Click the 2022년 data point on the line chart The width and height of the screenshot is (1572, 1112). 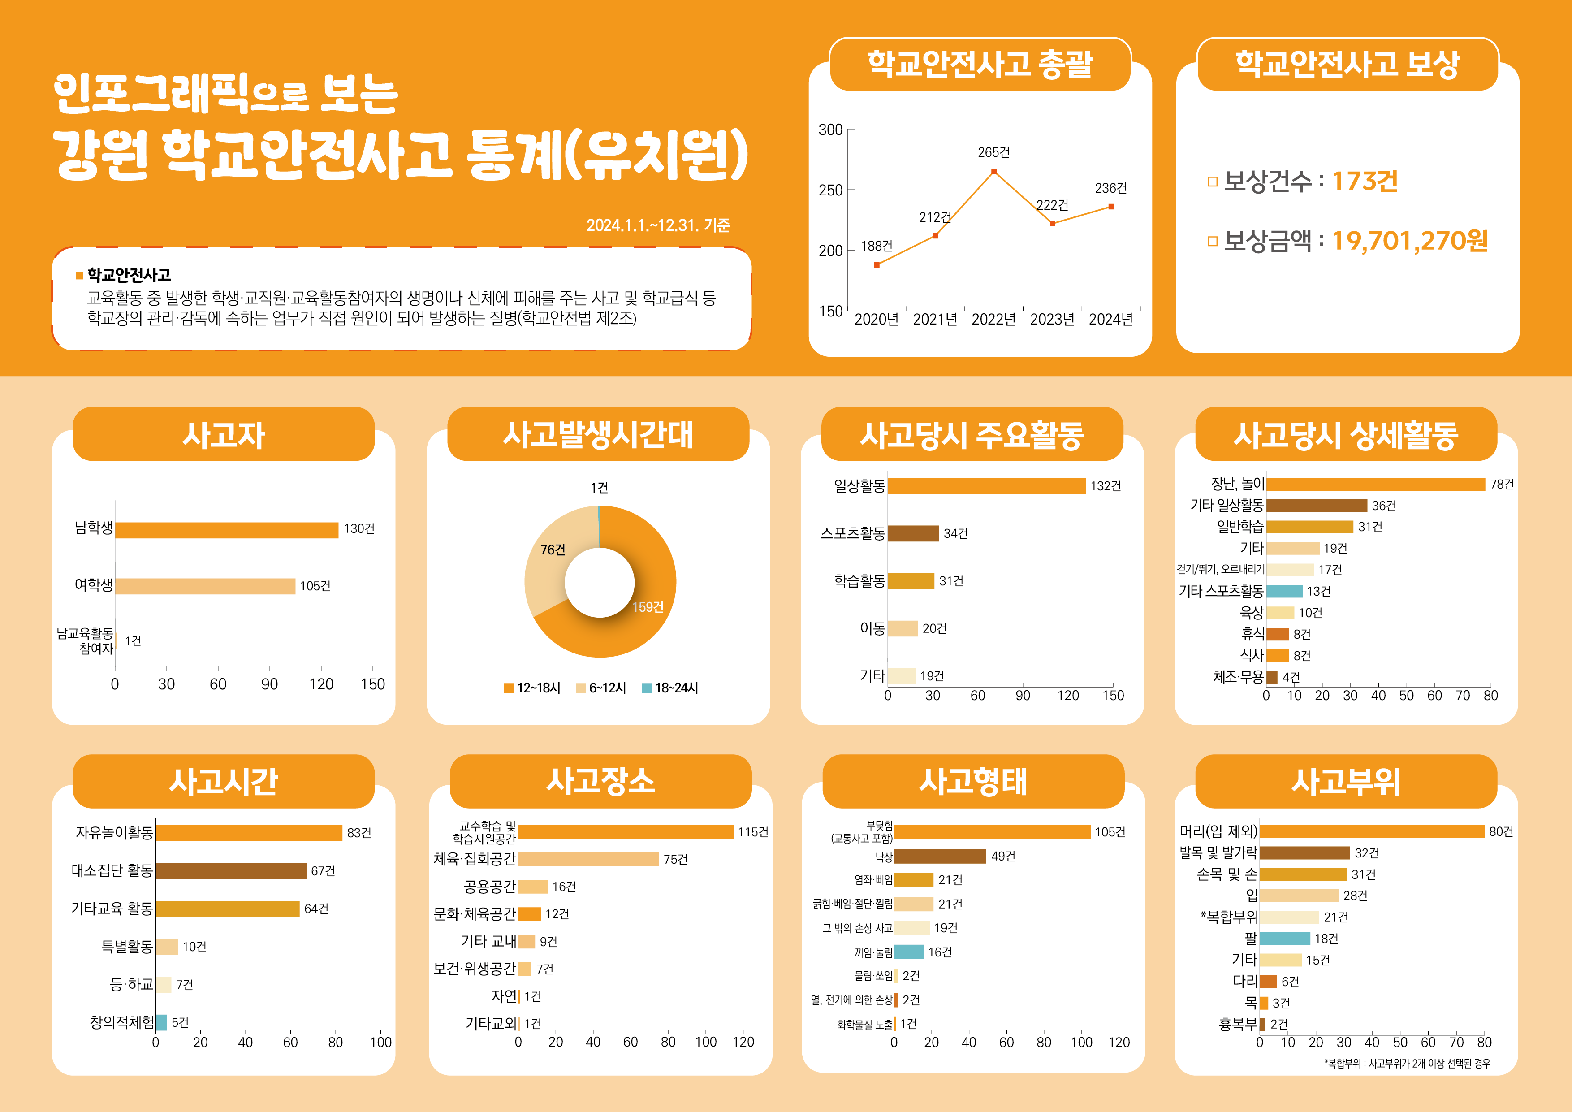tap(993, 171)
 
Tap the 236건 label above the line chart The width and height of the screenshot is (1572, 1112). tap(1110, 188)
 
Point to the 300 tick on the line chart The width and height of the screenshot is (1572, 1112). tap(830, 130)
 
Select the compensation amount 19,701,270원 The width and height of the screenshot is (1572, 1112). tap(1409, 240)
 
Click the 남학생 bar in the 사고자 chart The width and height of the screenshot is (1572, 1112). tap(227, 530)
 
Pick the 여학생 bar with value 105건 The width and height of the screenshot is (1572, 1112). tap(205, 586)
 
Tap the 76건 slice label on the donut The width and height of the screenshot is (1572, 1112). tap(553, 549)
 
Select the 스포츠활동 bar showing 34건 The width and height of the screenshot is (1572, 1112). tap(913, 533)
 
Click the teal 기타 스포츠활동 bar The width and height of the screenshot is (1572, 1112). tap(1284, 591)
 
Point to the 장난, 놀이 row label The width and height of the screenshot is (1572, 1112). tap(1237, 484)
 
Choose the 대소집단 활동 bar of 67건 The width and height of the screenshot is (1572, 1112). tap(231, 870)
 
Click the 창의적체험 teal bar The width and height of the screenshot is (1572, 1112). tap(162, 1022)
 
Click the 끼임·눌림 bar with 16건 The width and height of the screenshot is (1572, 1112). tap(908, 952)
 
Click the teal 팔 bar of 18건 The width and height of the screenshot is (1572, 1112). tap(1284, 938)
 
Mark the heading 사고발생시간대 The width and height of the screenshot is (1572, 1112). tap(598, 434)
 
